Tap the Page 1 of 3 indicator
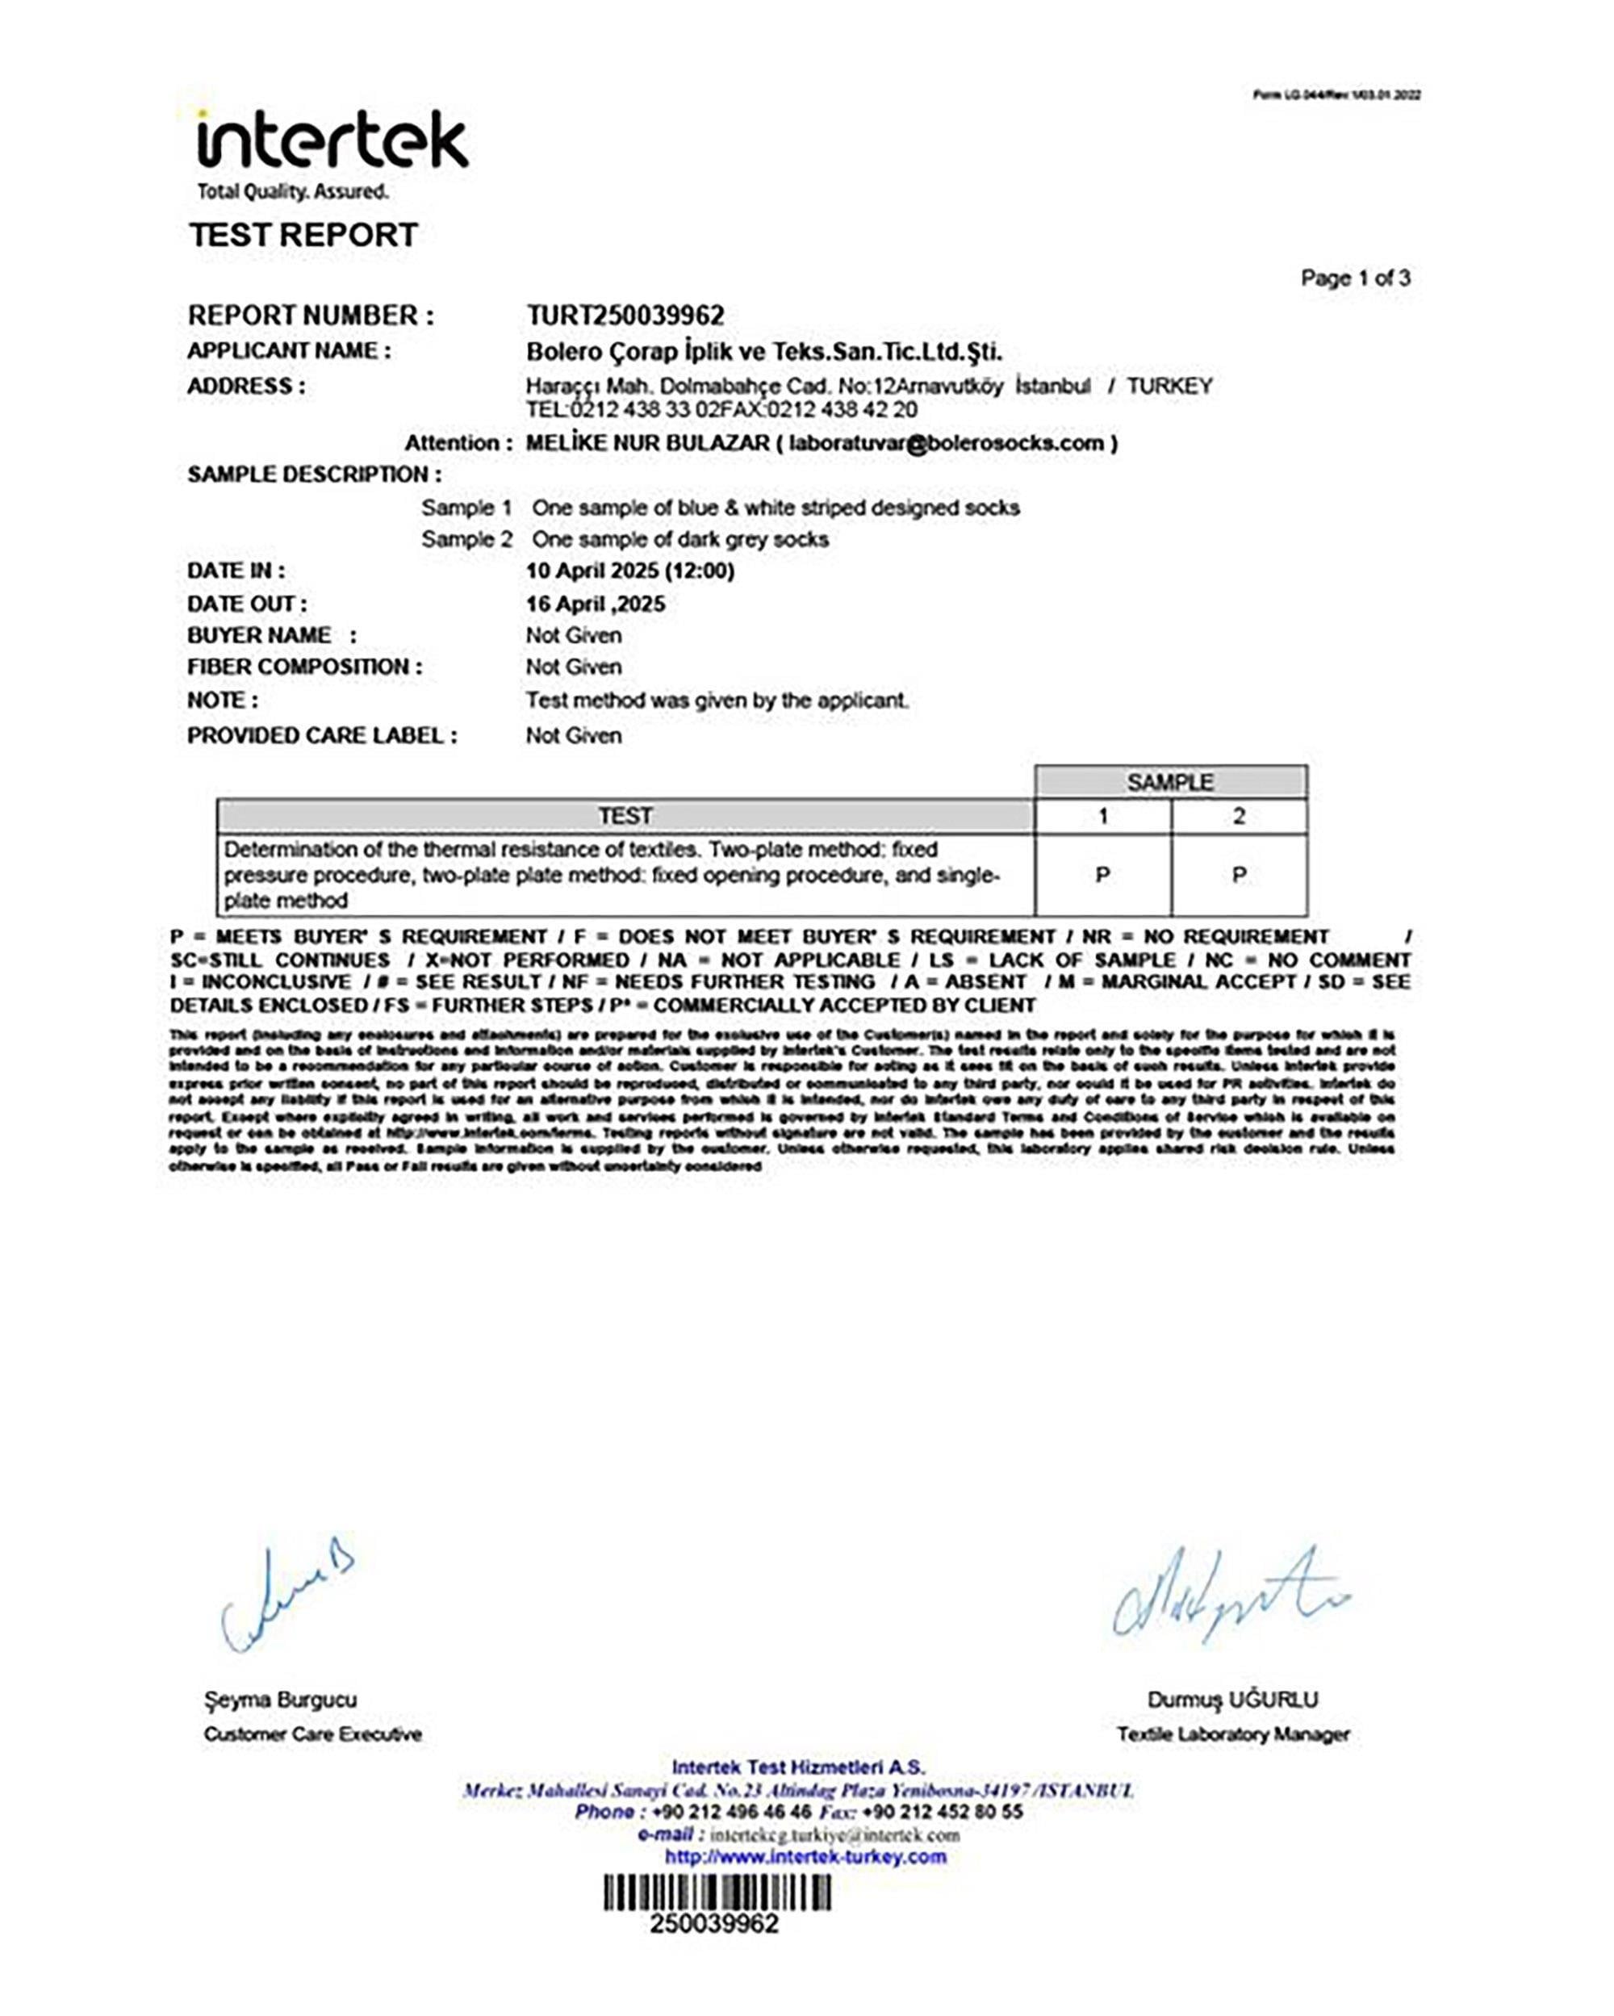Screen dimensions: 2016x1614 click(x=1355, y=278)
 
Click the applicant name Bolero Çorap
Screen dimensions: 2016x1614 click(x=763, y=352)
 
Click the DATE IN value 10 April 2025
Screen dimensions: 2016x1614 click(x=629, y=571)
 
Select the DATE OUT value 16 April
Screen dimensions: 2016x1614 click(x=595, y=603)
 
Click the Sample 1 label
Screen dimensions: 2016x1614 click(x=466, y=508)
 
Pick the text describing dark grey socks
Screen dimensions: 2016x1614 click(x=679, y=540)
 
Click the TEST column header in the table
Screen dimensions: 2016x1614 click(x=625, y=816)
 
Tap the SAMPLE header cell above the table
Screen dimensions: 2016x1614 click(x=1170, y=782)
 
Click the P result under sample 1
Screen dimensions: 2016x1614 click(x=1102, y=875)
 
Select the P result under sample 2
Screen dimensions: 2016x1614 click(x=1239, y=875)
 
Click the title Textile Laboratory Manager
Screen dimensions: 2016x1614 click(x=1232, y=1734)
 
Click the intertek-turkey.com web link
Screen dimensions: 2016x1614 click(x=805, y=1856)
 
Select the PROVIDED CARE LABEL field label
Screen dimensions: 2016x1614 click(x=322, y=736)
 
